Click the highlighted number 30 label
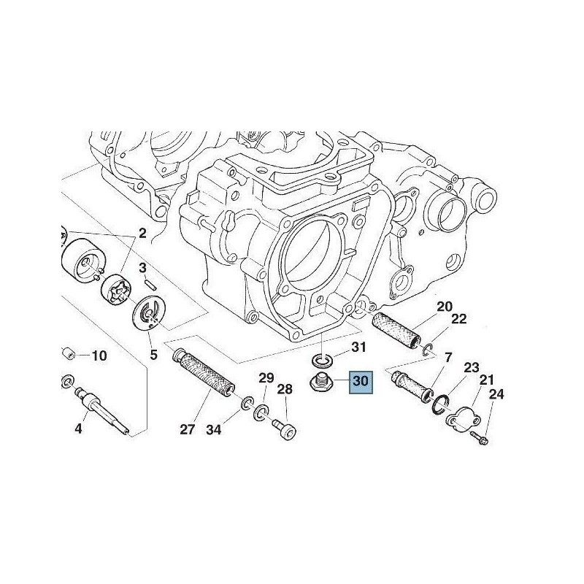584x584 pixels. tap(360, 381)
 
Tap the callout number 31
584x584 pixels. tap(359, 347)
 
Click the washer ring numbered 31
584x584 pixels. tap(322, 361)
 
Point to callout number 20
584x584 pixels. tap(445, 307)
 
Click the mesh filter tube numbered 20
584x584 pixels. tap(397, 330)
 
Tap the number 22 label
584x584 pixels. tap(458, 319)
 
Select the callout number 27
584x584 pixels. tap(188, 429)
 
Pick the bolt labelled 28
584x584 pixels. tap(285, 429)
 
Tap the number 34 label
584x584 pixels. tap(214, 430)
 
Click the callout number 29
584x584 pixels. tap(266, 378)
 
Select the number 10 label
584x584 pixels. tap(99, 356)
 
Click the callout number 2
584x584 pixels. tap(142, 234)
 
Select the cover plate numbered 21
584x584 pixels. tap(464, 420)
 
